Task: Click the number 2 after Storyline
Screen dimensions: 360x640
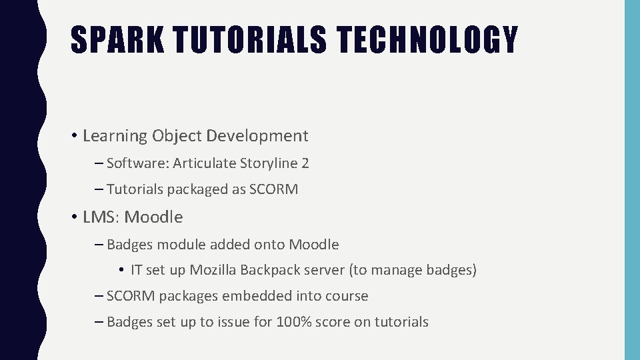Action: (x=305, y=163)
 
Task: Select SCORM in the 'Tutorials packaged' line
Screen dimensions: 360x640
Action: (x=273, y=189)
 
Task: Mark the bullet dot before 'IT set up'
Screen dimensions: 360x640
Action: (x=123, y=271)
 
